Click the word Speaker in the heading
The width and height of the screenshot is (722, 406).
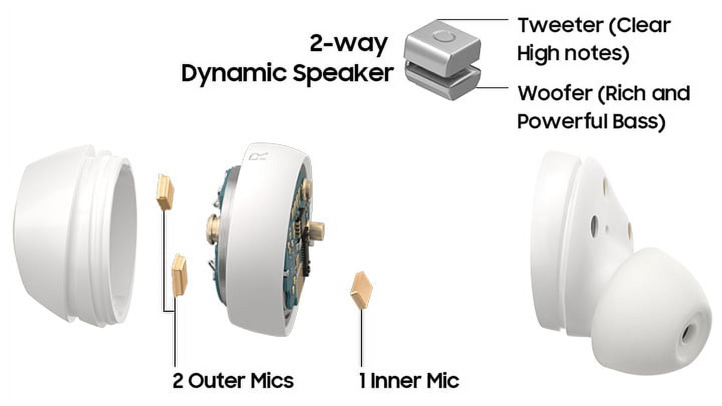(x=343, y=73)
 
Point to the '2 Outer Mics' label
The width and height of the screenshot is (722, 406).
(x=233, y=381)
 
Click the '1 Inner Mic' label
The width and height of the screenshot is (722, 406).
(x=409, y=381)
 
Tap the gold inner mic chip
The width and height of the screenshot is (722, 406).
(x=362, y=290)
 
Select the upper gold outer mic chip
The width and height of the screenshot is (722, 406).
(x=165, y=191)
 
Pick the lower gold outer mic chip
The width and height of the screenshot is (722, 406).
(x=179, y=276)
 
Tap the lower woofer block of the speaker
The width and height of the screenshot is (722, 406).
(x=442, y=83)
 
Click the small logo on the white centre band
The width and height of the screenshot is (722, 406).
(x=260, y=157)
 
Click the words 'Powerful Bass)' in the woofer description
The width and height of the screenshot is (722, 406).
(x=591, y=121)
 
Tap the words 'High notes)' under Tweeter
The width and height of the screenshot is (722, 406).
(x=573, y=53)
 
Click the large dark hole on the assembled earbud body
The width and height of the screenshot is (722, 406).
(x=594, y=224)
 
